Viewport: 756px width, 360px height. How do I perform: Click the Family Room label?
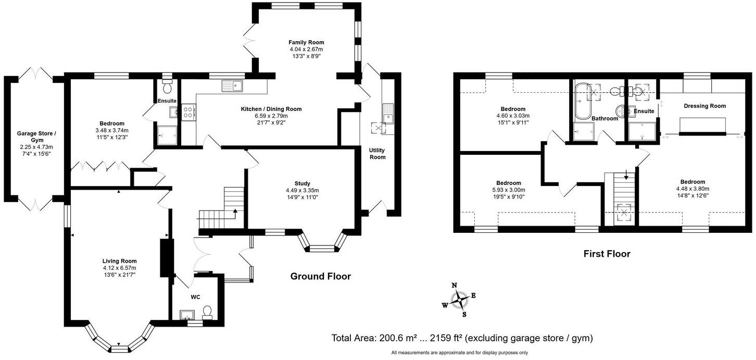306,43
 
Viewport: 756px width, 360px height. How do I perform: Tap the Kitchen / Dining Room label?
271,109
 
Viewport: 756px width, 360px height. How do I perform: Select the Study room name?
302,184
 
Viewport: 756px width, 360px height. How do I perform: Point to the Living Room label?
119,261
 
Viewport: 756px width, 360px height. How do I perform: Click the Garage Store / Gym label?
36,137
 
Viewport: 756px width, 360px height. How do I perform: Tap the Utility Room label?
377,154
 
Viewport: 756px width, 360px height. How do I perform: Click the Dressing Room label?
704,106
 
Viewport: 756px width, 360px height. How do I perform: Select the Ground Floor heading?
321,276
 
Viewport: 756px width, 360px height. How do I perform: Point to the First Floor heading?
607,254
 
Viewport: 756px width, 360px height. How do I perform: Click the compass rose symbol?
459,300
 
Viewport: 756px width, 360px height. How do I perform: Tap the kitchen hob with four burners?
188,112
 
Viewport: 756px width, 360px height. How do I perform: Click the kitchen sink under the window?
232,86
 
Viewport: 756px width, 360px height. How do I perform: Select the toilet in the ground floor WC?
207,313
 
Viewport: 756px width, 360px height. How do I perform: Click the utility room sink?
388,114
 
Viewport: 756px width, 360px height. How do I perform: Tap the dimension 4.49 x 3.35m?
302,191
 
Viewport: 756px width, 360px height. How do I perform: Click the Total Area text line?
462,338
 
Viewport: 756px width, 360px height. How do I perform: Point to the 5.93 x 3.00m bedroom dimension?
509,190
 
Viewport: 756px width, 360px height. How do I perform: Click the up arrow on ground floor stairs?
235,212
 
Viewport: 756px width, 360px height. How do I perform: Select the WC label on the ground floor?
195,297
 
